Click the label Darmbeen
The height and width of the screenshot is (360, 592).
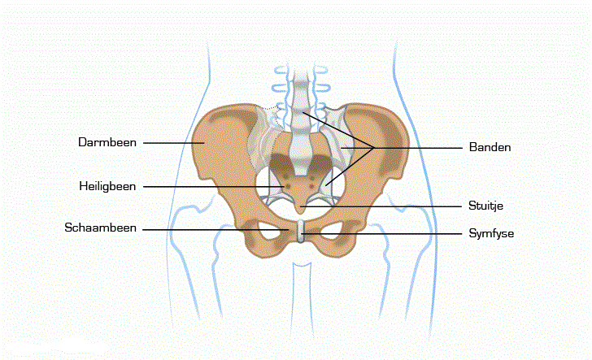[107, 142]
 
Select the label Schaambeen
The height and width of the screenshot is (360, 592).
[102, 228]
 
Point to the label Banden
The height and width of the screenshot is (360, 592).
[490, 147]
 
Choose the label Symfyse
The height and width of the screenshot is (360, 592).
[492, 233]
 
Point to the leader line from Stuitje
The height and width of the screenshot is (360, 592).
[382, 206]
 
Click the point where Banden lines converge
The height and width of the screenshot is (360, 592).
[373, 147]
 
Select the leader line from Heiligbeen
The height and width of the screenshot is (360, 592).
[211, 187]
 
